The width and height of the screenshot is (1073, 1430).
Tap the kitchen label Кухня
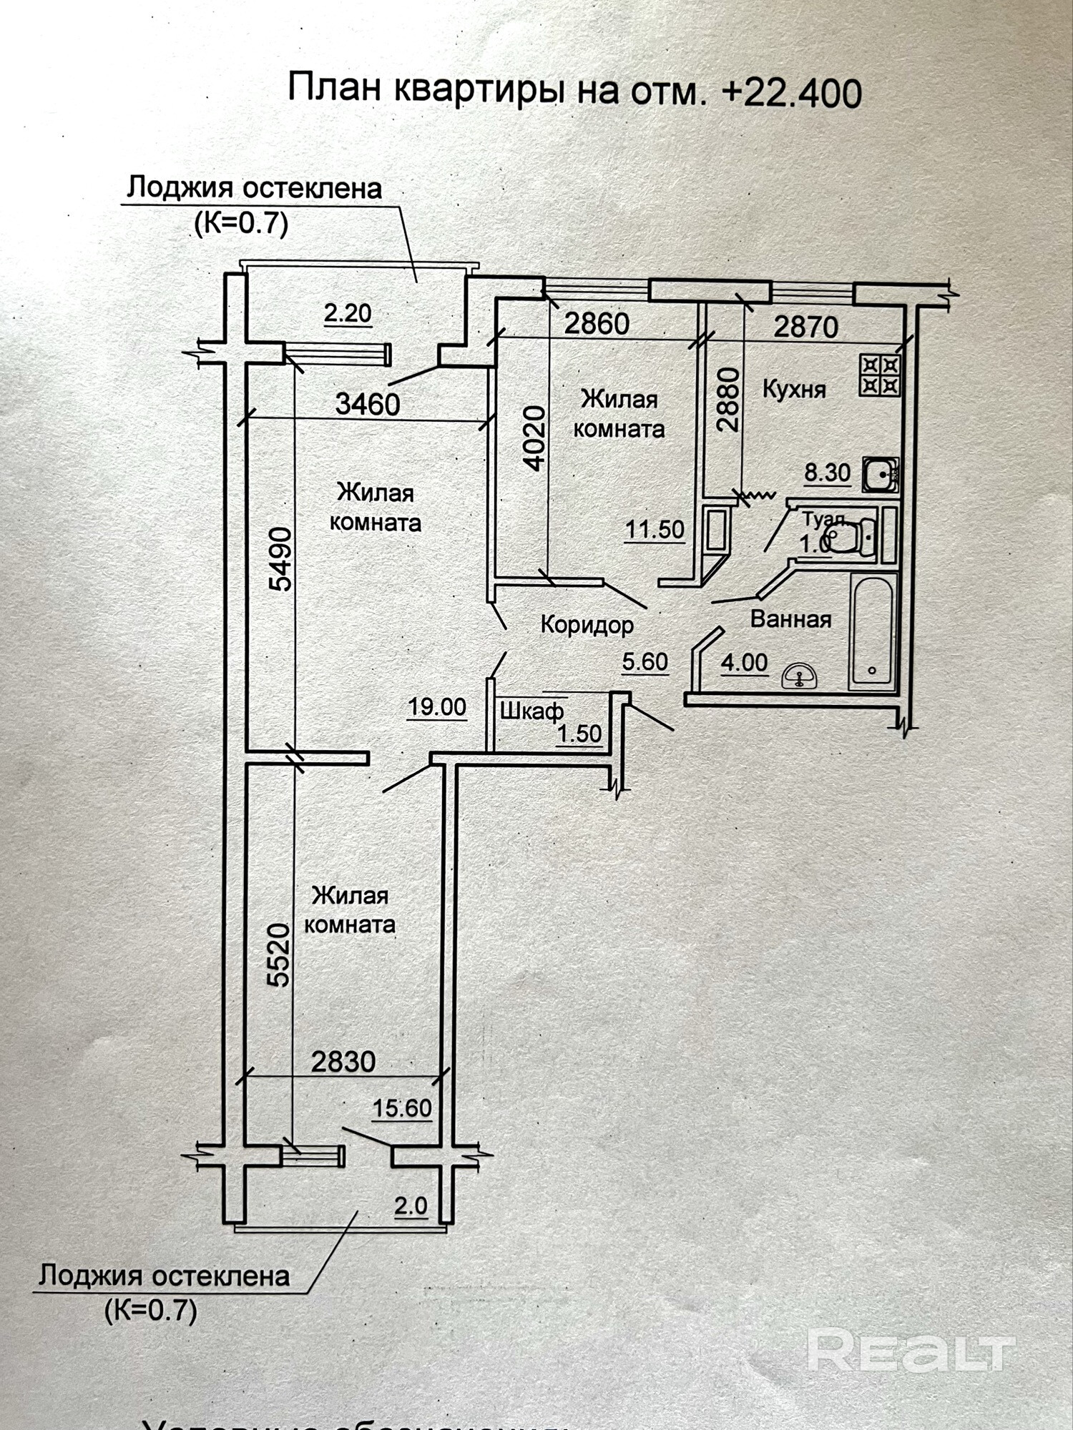794,390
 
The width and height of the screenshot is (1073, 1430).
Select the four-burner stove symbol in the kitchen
881,375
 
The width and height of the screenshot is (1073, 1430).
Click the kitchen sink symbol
879,474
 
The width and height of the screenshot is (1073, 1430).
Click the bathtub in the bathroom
872,631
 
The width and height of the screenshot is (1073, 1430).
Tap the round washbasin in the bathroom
800,676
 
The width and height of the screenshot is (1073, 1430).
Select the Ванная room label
790,619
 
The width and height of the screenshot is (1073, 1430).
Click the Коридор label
587,625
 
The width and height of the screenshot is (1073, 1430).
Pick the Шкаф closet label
531,711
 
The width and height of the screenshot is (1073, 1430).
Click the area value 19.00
436,707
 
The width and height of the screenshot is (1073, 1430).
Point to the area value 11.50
655,530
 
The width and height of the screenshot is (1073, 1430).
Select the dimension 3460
368,405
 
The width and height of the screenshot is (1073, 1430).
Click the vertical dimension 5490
280,558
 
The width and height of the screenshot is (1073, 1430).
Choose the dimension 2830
343,1061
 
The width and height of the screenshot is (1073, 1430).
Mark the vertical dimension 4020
534,438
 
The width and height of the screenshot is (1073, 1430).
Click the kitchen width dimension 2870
805,327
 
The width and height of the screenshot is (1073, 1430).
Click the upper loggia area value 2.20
348,313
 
